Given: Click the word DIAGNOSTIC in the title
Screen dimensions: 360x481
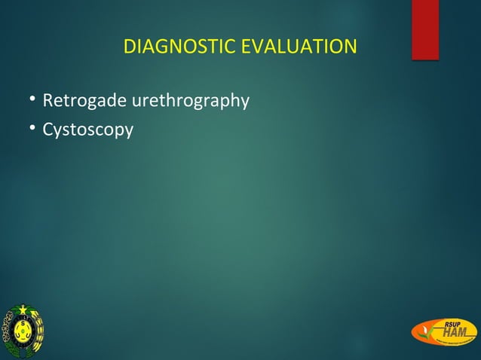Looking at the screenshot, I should click(x=178, y=47).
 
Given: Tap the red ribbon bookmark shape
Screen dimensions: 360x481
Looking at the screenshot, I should click(x=425, y=29).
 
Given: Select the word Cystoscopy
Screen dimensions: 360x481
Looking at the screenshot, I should click(x=87, y=130).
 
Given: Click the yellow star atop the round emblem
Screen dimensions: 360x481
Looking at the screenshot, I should click(x=23, y=310).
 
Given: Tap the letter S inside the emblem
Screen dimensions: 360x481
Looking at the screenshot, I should click(x=23, y=323).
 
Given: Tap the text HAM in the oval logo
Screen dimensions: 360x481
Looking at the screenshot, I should click(x=454, y=333).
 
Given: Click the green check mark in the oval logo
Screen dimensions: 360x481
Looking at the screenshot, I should click(x=427, y=337).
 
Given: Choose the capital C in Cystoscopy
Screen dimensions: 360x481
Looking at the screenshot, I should click(x=47, y=130).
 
